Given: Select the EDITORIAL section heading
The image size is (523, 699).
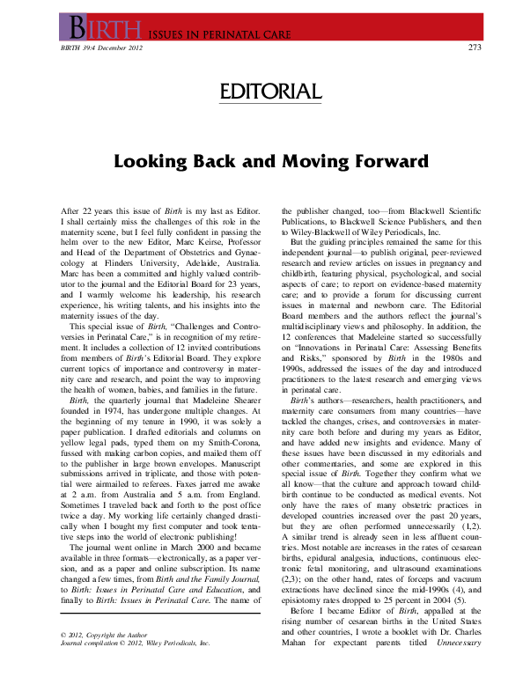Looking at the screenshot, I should point(261,92).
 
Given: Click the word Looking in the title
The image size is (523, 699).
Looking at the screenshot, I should point(155,164).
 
